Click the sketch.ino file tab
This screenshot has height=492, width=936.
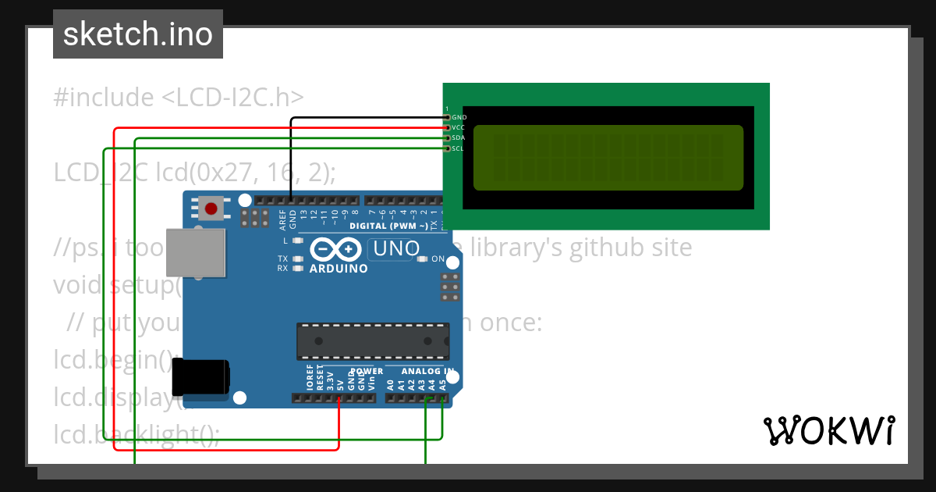tap(137, 34)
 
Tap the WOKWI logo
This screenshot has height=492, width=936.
tap(828, 430)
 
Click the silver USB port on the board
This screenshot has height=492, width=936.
tap(196, 252)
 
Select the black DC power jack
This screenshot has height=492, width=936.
tap(200, 376)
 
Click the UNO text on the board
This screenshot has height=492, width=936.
tap(392, 250)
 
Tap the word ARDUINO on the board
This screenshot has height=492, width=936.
tap(339, 268)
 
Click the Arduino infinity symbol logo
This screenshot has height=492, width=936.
tap(336, 249)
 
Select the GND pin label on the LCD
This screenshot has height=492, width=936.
tap(459, 117)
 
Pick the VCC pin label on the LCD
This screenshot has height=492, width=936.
tap(459, 127)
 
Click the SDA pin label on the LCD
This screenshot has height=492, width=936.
tap(459, 137)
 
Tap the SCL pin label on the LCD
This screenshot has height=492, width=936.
tap(459, 148)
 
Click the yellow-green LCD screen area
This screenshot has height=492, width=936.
tap(608, 158)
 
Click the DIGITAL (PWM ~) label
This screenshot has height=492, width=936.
tap(388, 226)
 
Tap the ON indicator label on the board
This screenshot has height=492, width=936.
tap(438, 258)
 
